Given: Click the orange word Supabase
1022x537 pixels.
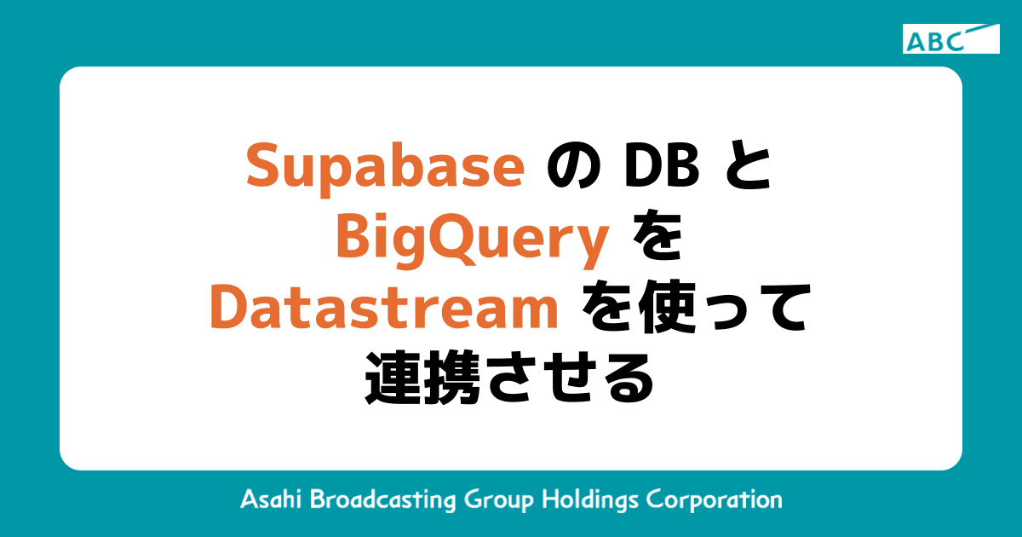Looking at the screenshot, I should pyautogui.click(x=386, y=166).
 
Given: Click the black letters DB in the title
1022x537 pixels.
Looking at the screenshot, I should pyautogui.click(x=662, y=165).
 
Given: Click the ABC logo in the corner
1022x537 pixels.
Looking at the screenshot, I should pyautogui.click(x=950, y=39).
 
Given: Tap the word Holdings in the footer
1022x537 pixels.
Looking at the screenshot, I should pyautogui.click(x=591, y=501).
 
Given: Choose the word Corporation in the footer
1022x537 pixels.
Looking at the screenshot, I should pyautogui.click(x=715, y=500).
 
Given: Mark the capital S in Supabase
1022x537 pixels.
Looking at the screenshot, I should pyautogui.click(x=262, y=166).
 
